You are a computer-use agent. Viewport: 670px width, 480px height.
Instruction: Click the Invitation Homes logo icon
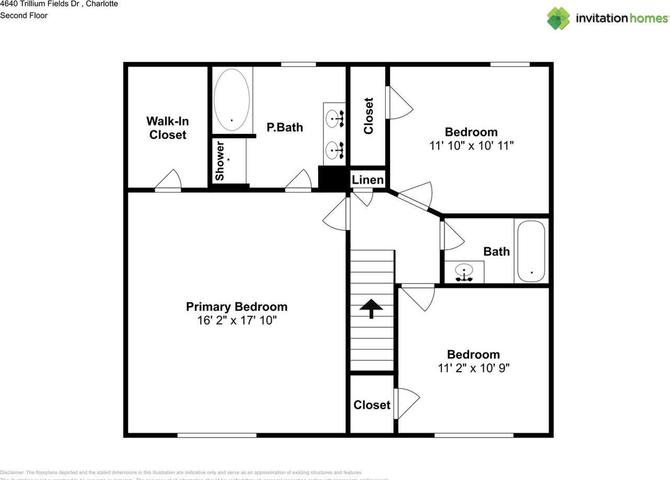point(559,18)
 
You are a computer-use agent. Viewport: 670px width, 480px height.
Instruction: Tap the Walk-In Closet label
point(167,128)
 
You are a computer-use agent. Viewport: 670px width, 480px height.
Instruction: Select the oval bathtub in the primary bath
point(232,100)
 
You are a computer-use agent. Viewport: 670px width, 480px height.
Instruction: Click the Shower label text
point(220,161)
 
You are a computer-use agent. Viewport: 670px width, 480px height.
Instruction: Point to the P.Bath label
point(285,127)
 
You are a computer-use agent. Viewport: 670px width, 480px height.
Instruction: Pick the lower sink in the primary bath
point(334,151)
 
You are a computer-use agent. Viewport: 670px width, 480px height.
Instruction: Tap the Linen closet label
point(367,180)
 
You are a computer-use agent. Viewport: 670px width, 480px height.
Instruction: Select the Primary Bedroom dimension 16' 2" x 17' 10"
point(237,320)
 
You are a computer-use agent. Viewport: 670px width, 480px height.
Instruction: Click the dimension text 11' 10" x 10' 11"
point(471,146)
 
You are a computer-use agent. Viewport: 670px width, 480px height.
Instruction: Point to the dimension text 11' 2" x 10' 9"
point(473,368)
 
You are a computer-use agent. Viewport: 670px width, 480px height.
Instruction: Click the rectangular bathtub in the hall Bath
point(532,251)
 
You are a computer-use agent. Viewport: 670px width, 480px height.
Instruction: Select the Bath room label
point(496,251)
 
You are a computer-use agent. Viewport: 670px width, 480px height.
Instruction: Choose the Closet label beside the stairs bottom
point(372,405)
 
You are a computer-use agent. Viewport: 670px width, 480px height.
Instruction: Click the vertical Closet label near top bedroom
point(368,116)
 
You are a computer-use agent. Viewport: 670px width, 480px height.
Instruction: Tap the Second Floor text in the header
point(24,15)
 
